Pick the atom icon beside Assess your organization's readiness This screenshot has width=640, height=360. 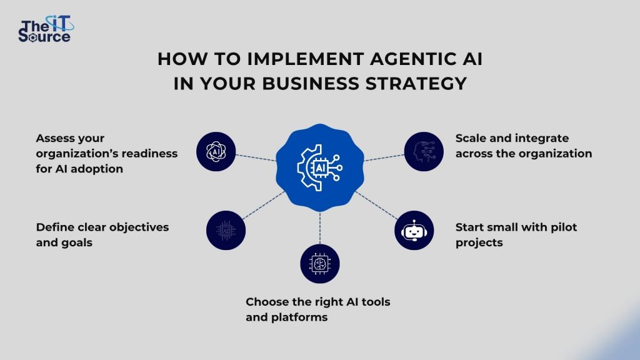[x=216, y=151]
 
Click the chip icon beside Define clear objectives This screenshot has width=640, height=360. [x=226, y=231]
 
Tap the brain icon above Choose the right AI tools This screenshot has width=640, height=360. [x=319, y=263]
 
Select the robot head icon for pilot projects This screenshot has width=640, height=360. [x=414, y=231]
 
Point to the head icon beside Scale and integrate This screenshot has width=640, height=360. [x=423, y=152]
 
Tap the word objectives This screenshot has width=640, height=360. [x=139, y=227]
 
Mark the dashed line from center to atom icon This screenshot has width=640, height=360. [x=256, y=156]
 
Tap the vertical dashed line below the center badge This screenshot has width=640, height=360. [x=320, y=228]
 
